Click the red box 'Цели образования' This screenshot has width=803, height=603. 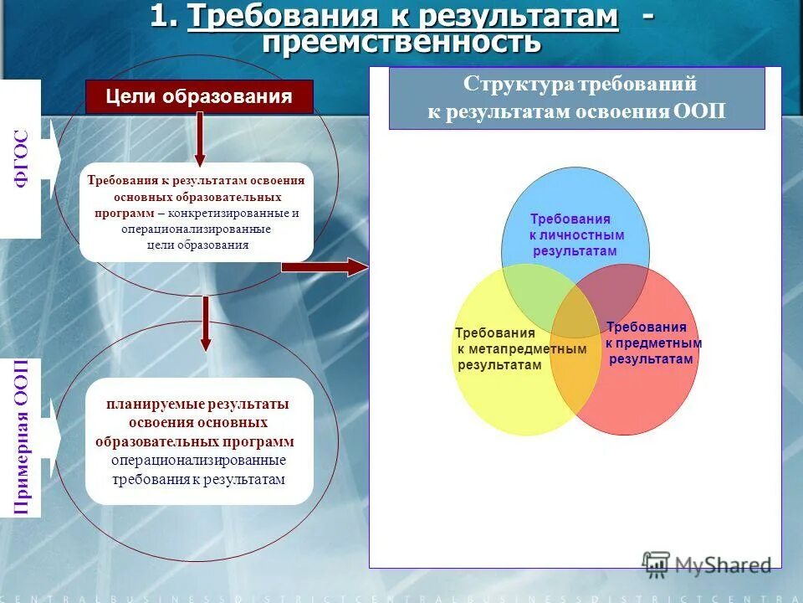(x=199, y=96)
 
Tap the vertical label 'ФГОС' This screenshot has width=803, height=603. (x=23, y=158)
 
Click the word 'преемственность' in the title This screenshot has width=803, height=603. (x=401, y=42)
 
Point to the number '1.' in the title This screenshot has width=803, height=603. (x=165, y=16)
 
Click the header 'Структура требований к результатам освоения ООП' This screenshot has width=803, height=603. (x=576, y=98)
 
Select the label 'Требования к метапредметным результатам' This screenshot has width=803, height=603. (x=502, y=348)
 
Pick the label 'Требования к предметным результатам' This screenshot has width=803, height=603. (x=652, y=343)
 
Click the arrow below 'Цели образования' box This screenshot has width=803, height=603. (x=199, y=138)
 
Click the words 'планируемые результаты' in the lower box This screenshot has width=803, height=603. (x=197, y=405)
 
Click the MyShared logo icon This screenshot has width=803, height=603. (x=656, y=564)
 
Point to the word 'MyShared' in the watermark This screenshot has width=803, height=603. (x=723, y=565)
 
